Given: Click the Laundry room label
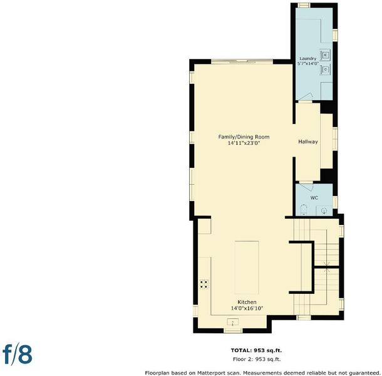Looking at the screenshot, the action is point(307,58).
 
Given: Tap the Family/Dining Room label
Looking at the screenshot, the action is point(244,137).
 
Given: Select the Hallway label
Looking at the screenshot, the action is point(308,142).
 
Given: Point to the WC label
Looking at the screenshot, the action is point(314,198).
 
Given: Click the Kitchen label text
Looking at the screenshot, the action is point(247,302).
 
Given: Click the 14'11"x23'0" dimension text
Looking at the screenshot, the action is point(244,143).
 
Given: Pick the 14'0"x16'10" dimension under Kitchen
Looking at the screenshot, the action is point(247,308).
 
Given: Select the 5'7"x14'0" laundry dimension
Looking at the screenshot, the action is point(308,64).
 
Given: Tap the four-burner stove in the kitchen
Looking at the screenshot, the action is point(204,285).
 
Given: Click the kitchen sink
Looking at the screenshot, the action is point(233,322).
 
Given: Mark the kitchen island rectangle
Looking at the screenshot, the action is point(247,267).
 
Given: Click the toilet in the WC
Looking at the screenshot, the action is point(304,210).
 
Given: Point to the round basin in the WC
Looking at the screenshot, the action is point(324,211).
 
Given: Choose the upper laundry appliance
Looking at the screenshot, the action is point(325,55).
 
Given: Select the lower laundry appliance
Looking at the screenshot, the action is point(325,70).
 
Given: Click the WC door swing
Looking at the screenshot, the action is point(306,187).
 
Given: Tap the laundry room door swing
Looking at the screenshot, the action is point(306,97).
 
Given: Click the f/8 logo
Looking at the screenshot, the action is point(18,354).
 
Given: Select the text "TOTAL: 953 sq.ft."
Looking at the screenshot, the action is point(256,350).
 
